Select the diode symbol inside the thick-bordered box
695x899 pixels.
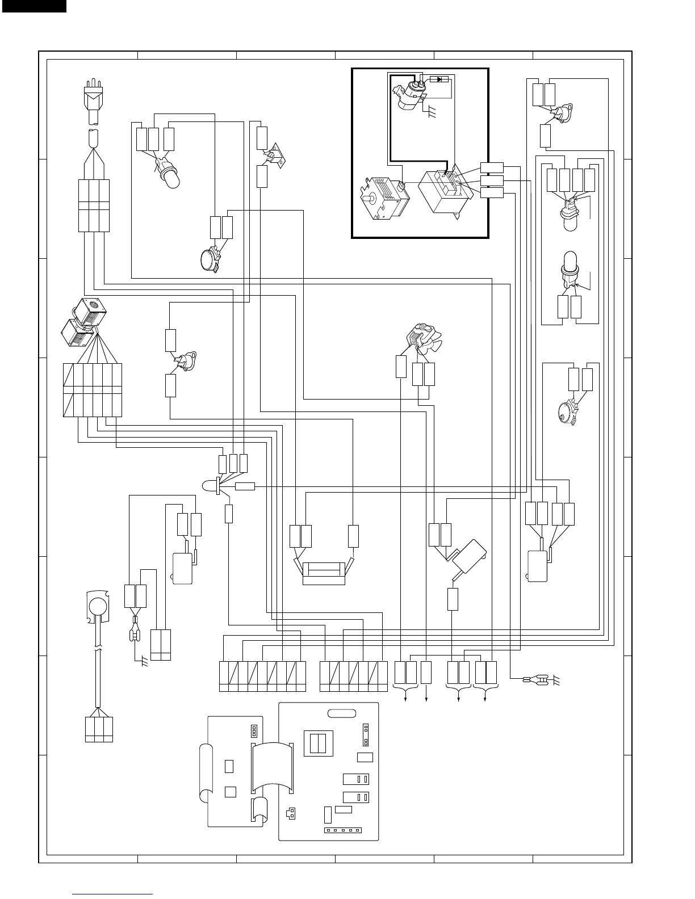pos(438,79)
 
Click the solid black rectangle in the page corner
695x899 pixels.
pos(33,6)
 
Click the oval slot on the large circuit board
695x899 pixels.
pos(341,713)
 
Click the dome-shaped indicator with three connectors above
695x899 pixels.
pos(210,486)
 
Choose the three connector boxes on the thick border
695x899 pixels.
pos(491,180)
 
